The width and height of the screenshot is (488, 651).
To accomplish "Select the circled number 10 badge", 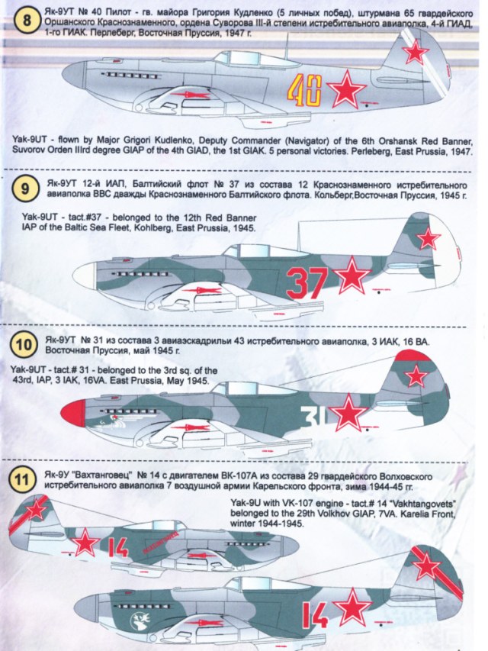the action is tap(27, 345).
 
